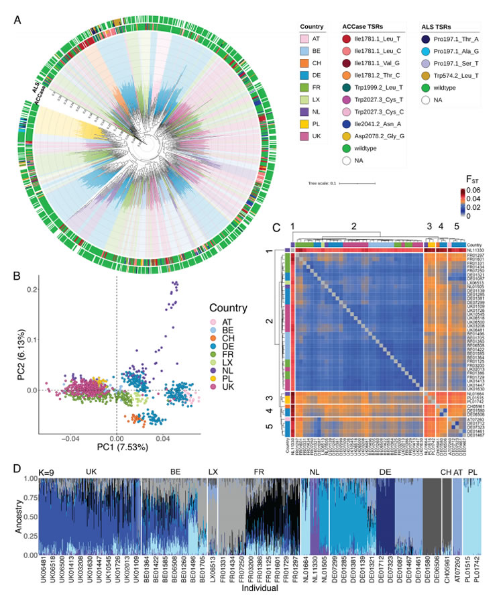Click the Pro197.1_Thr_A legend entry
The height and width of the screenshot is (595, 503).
453,40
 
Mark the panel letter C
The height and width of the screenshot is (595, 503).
277,226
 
